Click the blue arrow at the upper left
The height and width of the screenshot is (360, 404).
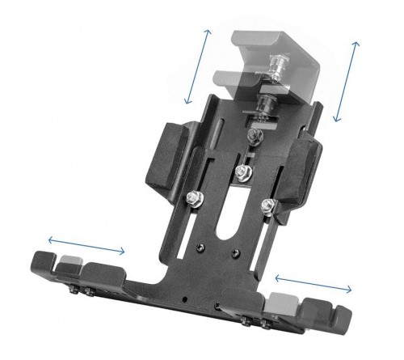tap(198, 66)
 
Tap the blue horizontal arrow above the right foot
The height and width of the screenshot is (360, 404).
tap(314, 282)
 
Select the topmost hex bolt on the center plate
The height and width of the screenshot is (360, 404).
tap(240, 172)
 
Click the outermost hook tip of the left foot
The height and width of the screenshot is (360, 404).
tap(37, 263)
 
